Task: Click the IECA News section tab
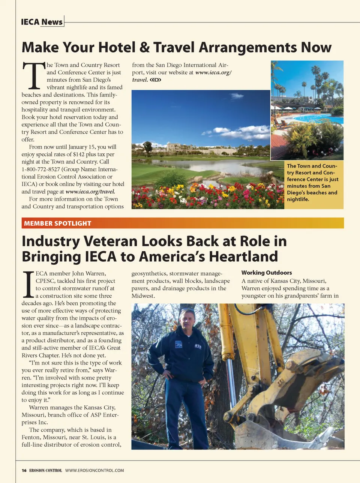coord(42,22)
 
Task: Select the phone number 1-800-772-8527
coord(41,169)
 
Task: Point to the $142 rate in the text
coord(79,154)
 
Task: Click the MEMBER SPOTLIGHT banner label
coord(57,223)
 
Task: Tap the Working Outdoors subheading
coord(267,273)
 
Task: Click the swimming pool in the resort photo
coord(315,119)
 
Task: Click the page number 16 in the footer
coord(24,470)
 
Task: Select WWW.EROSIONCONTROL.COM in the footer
coord(94,470)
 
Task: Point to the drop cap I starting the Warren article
coord(28,284)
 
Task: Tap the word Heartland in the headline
coord(243,257)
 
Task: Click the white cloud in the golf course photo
coord(240,132)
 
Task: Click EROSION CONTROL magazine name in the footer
coord(45,470)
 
